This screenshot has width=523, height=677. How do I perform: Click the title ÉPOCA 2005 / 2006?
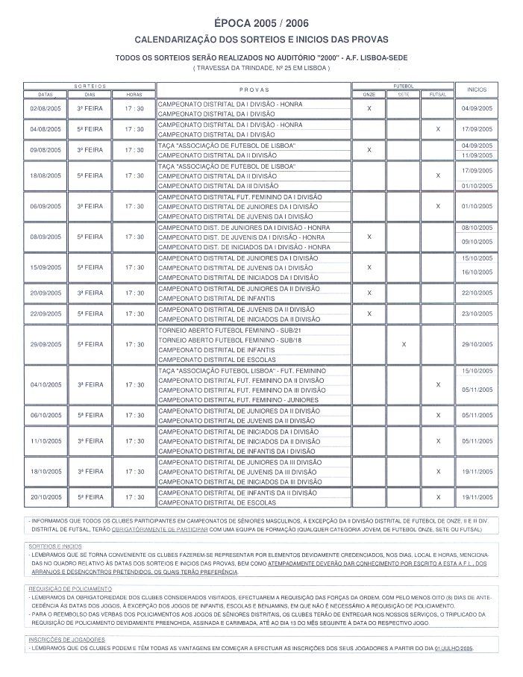tap(261, 23)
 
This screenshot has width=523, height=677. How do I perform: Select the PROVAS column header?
tap(254, 89)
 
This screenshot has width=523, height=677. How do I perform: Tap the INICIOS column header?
tap(477, 89)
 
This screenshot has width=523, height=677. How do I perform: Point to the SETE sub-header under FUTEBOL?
tap(403, 95)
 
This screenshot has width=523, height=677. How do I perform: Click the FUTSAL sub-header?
tap(437, 95)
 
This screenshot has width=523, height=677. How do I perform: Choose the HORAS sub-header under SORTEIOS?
tap(134, 95)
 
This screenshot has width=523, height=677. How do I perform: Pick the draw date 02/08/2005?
tap(45, 109)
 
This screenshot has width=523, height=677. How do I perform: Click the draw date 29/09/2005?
tap(45, 344)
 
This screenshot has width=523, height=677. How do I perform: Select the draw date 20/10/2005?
tap(45, 496)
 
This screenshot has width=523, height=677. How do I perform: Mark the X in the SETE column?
tap(403, 344)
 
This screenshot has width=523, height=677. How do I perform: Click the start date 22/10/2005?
tap(477, 293)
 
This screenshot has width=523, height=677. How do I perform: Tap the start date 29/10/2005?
tap(477, 344)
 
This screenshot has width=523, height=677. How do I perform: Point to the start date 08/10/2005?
tap(477, 227)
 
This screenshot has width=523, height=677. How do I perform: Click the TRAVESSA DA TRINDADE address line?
tap(261, 68)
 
